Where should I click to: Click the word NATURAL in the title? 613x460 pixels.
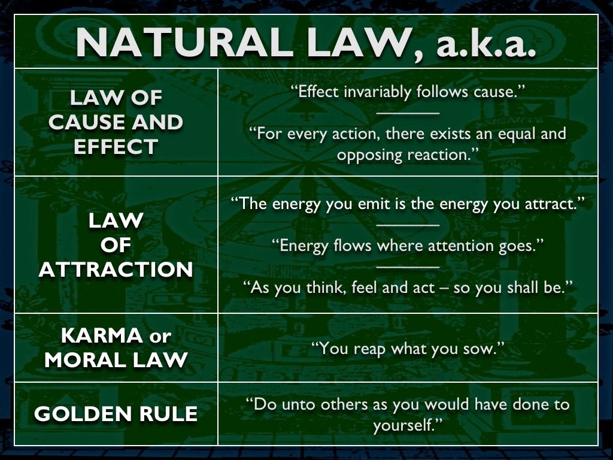click(x=185, y=43)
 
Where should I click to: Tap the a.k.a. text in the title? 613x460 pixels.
click(x=486, y=43)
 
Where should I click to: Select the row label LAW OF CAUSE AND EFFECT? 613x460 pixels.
click(x=116, y=122)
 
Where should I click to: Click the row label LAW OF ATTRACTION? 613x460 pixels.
click(x=116, y=245)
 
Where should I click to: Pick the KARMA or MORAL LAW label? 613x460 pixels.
click(x=116, y=348)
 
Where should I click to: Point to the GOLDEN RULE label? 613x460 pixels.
click(x=116, y=414)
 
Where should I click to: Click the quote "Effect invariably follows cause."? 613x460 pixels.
click(x=408, y=92)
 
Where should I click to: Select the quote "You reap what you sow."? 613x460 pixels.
click(x=408, y=349)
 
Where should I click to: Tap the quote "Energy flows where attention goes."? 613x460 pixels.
click(x=408, y=246)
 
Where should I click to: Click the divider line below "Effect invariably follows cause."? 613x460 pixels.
click(x=408, y=113)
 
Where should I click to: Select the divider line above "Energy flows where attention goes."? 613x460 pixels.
click(x=408, y=225)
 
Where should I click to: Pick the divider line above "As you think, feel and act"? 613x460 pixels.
click(x=408, y=267)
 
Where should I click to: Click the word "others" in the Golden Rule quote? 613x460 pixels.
click(x=344, y=404)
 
